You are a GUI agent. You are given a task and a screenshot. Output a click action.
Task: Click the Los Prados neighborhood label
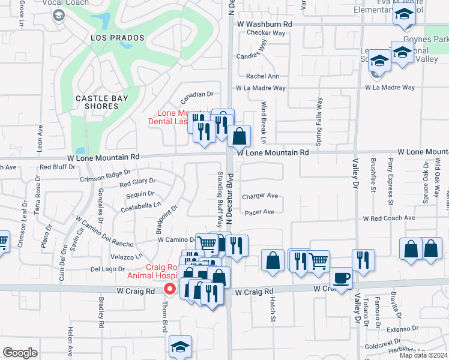pos(118,38)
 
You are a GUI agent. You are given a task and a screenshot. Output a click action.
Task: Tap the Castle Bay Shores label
pos(97,102)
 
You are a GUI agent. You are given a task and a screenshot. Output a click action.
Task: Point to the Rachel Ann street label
pos(263,76)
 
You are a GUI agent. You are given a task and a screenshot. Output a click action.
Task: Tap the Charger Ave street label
pos(260,196)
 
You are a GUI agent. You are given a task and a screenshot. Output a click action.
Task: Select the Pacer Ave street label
pos(259,212)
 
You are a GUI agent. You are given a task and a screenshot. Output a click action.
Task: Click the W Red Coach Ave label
pos(389,218)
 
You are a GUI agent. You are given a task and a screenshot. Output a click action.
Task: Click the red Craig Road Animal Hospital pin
pos(170,289)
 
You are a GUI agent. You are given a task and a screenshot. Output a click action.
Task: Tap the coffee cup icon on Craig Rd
pos(341,278)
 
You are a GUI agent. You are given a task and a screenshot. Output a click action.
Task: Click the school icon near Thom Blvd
pos(180,347)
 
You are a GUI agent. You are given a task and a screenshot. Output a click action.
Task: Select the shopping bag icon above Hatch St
pos(273,262)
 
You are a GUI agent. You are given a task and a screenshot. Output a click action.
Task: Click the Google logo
pos(20,353)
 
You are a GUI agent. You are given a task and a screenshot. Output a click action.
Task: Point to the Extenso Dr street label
pos(402,329)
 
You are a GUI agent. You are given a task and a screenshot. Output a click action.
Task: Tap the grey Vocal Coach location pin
pos(59,14)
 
